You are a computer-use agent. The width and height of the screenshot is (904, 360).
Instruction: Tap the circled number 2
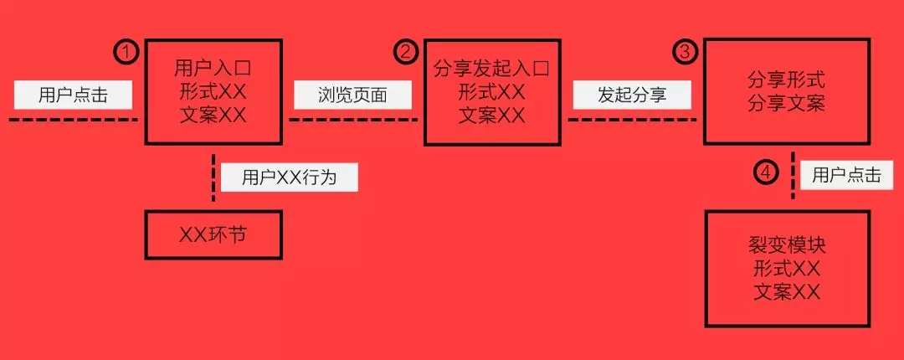(406, 52)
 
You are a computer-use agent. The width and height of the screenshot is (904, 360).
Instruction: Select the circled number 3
(685, 52)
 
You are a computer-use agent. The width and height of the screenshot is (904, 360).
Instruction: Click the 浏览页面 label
(353, 95)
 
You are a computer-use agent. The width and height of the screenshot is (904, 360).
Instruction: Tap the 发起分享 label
(632, 95)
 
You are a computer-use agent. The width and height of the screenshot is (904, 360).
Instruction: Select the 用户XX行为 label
(290, 177)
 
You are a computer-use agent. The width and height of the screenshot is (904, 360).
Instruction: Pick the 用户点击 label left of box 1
(73, 95)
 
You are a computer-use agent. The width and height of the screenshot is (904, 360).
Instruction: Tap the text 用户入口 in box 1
(213, 69)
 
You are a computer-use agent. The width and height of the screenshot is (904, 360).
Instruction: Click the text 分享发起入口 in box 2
(492, 69)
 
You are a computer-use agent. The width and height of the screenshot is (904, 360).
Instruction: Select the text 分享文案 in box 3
(786, 103)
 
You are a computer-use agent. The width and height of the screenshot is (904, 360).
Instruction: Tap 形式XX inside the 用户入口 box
(213, 92)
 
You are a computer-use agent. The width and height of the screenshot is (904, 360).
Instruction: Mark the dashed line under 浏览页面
(353, 120)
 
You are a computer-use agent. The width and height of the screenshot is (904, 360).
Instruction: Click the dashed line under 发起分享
(632, 120)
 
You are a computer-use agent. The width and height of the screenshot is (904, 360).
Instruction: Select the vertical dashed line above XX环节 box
(213, 177)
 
